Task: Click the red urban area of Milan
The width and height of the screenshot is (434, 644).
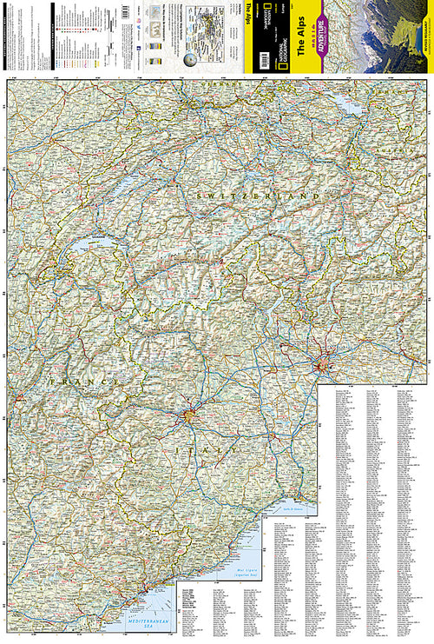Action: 326,365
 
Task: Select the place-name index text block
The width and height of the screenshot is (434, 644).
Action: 373,487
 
